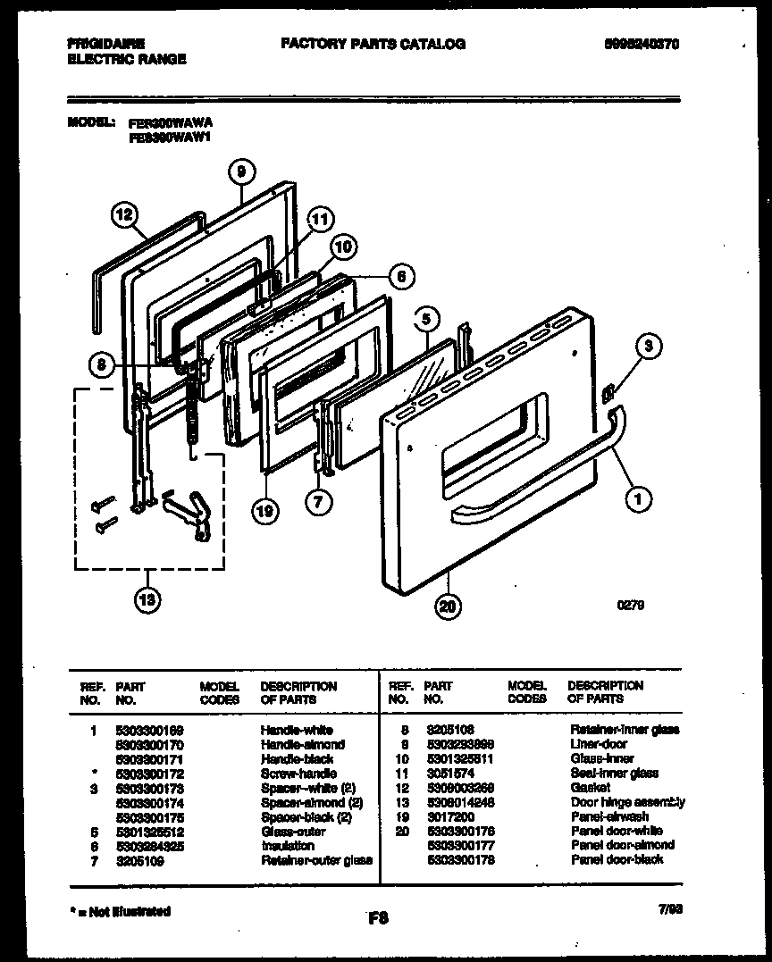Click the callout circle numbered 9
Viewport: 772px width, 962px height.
[241, 171]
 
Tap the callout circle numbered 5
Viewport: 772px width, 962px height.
[426, 318]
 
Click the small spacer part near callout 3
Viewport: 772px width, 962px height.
[609, 390]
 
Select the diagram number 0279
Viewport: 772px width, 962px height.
[631, 605]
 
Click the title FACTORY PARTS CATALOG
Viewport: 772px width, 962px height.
[373, 44]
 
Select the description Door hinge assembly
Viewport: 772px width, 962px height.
[627, 802]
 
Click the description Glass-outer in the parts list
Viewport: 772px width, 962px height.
[293, 831]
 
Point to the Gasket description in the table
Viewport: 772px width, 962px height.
[590, 788]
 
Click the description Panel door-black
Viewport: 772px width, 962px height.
[617, 859]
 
